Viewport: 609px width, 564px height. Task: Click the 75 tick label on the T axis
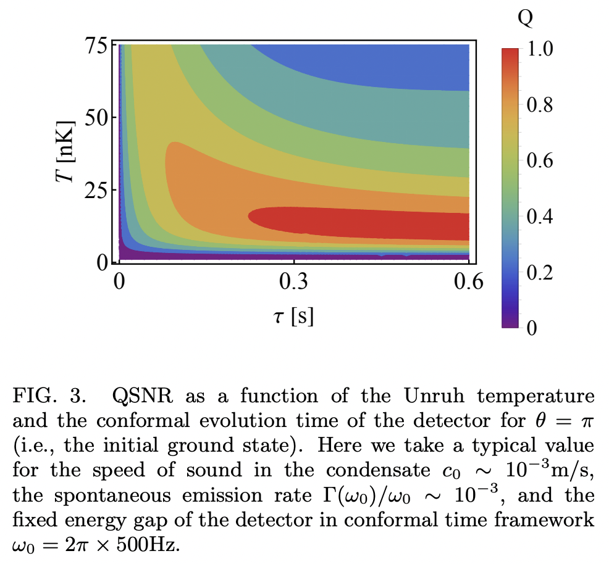tap(95, 46)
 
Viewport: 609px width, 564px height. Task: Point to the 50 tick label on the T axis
tap(95, 117)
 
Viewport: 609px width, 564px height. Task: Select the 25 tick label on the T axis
tap(95, 189)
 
